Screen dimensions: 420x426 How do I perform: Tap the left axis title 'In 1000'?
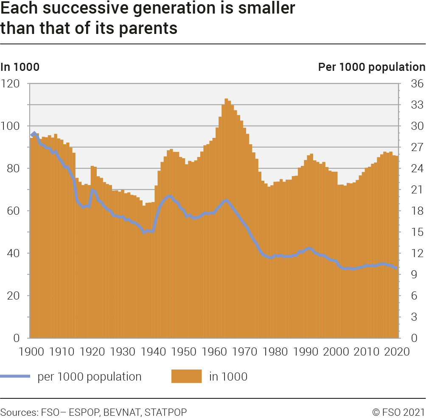(20, 67)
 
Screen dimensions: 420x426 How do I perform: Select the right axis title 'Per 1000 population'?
(371, 67)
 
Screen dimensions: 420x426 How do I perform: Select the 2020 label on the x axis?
(397, 351)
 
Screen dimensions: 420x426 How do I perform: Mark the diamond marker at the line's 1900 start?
(34, 134)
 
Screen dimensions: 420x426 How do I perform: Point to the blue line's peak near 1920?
(92, 190)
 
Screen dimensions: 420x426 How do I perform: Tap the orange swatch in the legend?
(187, 376)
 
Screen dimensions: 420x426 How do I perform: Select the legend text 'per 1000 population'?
(90, 376)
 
